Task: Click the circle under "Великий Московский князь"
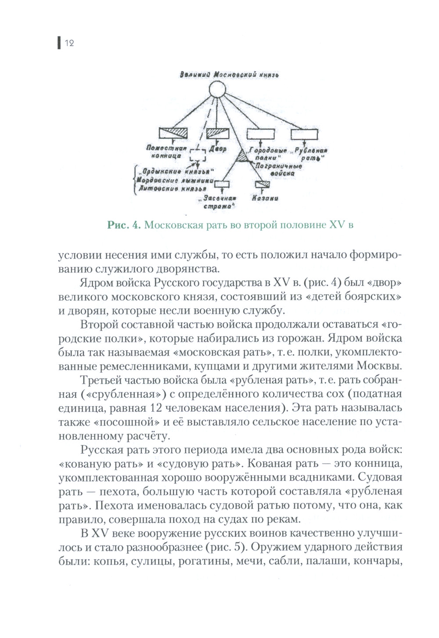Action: [x=217, y=90]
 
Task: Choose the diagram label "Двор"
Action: [x=218, y=149]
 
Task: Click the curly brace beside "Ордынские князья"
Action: [x=133, y=180]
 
